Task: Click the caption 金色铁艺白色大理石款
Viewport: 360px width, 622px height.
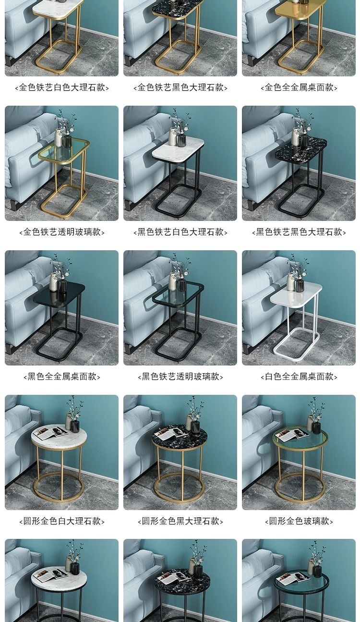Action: [61, 87]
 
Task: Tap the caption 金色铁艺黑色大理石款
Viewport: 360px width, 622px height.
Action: [180, 87]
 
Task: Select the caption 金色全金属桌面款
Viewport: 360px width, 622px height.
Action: [299, 87]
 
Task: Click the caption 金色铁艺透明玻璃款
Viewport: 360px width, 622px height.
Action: [61, 232]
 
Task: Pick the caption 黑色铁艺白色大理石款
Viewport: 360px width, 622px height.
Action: [180, 232]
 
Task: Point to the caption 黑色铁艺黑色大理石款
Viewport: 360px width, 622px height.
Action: [299, 232]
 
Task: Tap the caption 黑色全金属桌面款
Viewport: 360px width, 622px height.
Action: [61, 377]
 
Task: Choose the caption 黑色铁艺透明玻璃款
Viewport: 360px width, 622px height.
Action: [180, 377]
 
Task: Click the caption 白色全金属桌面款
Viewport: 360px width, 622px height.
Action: [299, 377]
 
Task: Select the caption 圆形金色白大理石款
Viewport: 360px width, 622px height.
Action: [61, 521]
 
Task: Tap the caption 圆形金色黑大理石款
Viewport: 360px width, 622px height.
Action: [180, 521]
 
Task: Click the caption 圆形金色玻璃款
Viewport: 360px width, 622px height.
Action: [299, 521]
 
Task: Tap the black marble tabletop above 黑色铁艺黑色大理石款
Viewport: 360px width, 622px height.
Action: [300, 148]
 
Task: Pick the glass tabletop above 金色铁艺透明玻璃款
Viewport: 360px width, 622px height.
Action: [63, 152]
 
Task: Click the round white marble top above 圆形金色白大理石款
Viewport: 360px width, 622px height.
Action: [59, 435]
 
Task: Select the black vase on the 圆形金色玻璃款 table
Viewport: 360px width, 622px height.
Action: [316, 427]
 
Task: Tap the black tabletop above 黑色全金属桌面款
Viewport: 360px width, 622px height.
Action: [59, 293]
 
